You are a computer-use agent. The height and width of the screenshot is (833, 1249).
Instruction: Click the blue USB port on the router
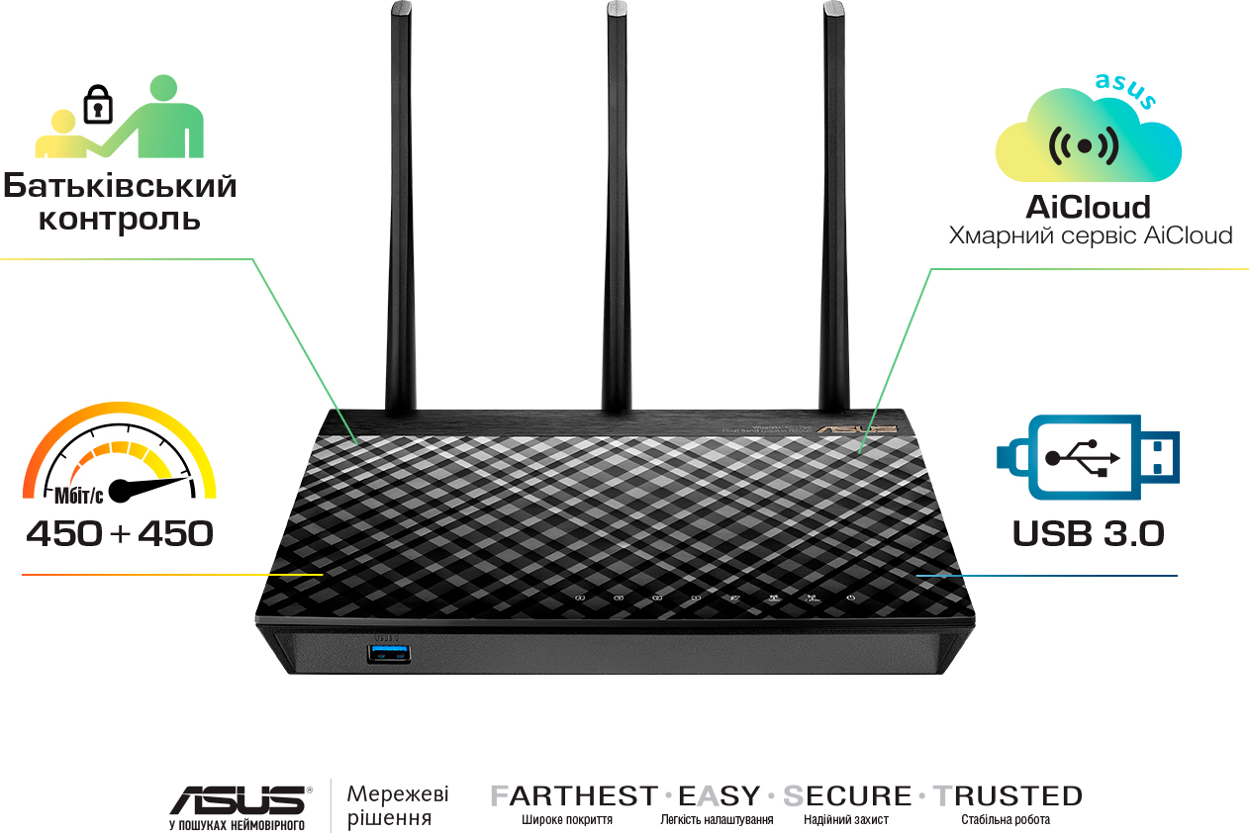pyautogui.click(x=388, y=652)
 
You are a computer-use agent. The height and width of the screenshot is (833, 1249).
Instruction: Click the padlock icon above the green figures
pyautogui.click(x=97, y=105)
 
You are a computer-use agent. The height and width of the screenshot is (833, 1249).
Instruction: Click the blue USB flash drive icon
pyautogui.click(x=1088, y=457)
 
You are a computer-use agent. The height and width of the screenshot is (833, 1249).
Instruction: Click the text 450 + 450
pyautogui.click(x=120, y=534)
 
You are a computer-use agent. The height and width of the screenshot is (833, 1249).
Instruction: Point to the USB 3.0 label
pyautogui.click(x=1088, y=534)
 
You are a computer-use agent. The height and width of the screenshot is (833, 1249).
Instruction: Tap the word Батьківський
pyautogui.click(x=120, y=185)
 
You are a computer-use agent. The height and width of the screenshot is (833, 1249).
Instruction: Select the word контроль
pyautogui.click(x=120, y=219)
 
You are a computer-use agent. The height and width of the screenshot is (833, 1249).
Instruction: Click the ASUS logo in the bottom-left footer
pyautogui.click(x=239, y=799)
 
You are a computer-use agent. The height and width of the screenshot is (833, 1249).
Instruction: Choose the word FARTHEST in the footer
pyautogui.click(x=574, y=796)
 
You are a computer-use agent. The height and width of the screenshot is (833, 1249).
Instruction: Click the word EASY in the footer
pyautogui.click(x=720, y=796)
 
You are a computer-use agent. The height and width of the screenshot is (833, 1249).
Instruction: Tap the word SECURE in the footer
pyautogui.click(x=847, y=796)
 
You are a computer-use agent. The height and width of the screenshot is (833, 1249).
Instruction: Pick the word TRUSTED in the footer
pyautogui.click(x=1008, y=796)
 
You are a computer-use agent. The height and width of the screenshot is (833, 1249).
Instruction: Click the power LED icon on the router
pyautogui.click(x=850, y=598)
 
